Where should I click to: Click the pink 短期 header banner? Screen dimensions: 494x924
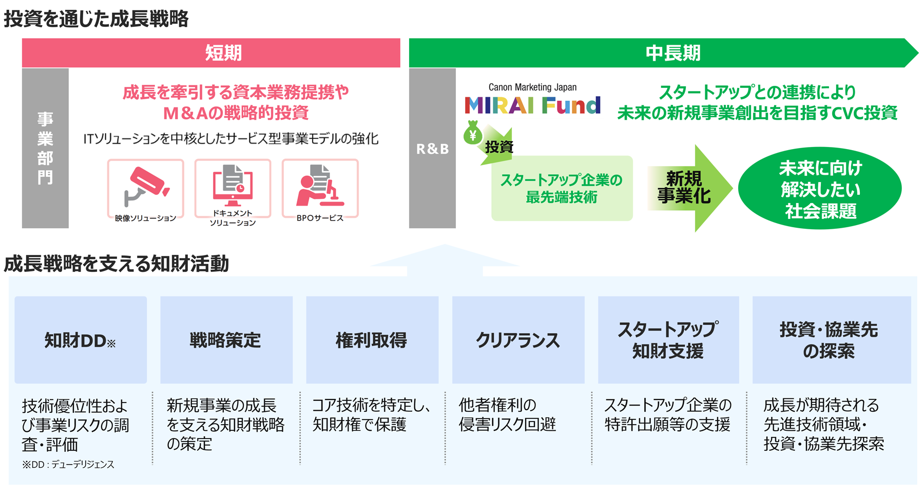pyautogui.click(x=211, y=53)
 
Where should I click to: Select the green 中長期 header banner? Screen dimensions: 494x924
pyautogui.click(x=662, y=53)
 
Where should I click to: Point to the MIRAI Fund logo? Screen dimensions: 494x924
pyautogui.click(x=532, y=105)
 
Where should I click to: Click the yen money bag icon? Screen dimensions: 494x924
pyautogui.click(x=473, y=133)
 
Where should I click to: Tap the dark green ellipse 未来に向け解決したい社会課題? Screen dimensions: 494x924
pyautogui.click(x=819, y=189)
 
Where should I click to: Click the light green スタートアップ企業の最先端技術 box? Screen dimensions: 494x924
pyautogui.click(x=562, y=189)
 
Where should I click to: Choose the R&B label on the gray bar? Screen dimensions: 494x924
pyautogui.click(x=432, y=149)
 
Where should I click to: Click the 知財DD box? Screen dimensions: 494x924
pyautogui.click(x=81, y=340)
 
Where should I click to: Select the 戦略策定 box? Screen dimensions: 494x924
pyautogui.click(x=226, y=340)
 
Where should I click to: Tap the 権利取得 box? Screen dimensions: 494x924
pyautogui.click(x=372, y=340)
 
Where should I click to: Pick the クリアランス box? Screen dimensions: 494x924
pyautogui.click(x=518, y=340)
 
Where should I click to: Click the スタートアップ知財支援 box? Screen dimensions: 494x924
pyautogui.click(x=668, y=340)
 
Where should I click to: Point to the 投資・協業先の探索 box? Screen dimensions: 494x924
pyautogui.click(x=831, y=340)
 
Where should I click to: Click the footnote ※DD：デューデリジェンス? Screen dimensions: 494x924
pyautogui.click(x=68, y=465)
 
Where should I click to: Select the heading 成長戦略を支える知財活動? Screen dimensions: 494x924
pyautogui.click(x=117, y=264)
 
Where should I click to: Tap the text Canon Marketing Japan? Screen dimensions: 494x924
pyautogui.click(x=532, y=87)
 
